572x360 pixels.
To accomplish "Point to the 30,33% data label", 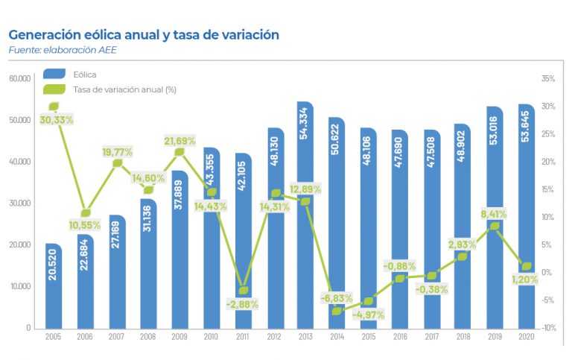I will pos(36,120).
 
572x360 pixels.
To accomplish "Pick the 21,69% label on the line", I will pos(180,141).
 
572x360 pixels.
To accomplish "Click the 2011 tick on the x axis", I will pos(242,338).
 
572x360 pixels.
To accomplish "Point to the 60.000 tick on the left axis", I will pos(20,78).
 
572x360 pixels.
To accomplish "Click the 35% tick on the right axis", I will pos(548,78).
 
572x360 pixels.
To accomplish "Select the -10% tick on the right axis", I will pos(548,328).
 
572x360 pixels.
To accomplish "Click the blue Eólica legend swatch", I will pos(54,74).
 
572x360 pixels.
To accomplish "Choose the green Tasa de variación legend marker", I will pos(54,89).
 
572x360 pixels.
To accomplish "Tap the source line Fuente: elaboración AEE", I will pos(63,50).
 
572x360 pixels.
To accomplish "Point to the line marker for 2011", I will pos(243,291).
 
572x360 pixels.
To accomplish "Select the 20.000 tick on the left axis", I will pos(20,244).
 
